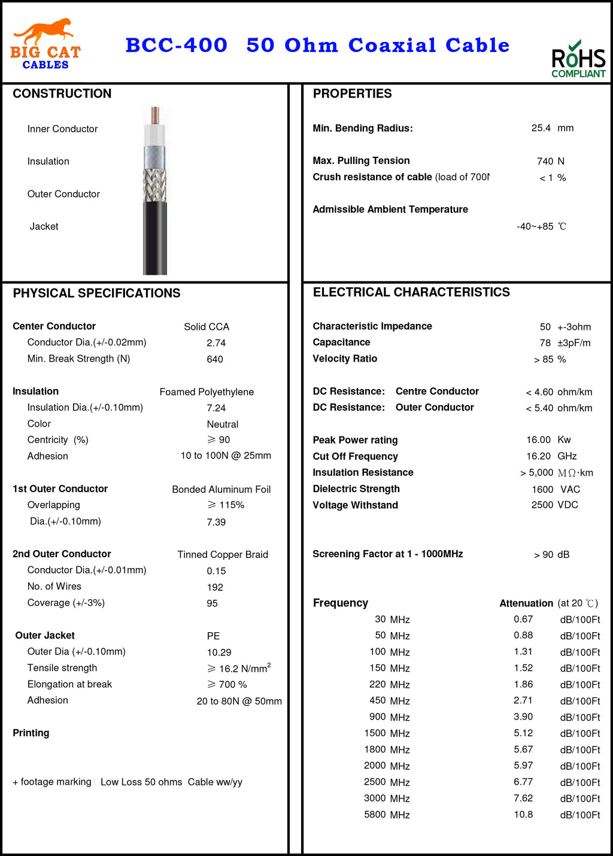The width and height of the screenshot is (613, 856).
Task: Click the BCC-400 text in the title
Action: [x=176, y=45]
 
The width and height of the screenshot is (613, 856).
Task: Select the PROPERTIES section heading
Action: [x=352, y=93]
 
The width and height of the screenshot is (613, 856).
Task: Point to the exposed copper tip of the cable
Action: [x=155, y=115]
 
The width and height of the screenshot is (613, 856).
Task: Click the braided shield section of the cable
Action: [x=155, y=185]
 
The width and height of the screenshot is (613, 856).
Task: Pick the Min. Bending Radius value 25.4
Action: [x=541, y=128]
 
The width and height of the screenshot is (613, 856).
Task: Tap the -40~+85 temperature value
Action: [x=535, y=226]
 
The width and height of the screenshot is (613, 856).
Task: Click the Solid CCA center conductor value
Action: [x=207, y=327]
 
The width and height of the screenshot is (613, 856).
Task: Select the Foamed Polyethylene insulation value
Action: [x=207, y=392]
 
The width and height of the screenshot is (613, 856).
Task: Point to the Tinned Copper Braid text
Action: [x=223, y=555]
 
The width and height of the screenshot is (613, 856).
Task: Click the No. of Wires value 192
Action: [x=215, y=587]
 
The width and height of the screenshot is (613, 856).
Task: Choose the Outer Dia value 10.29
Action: [x=219, y=652]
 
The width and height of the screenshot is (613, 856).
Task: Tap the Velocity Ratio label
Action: [x=345, y=359]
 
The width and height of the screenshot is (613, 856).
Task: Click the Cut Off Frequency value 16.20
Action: [x=538, y=456]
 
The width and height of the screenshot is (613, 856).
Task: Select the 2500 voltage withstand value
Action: [x=542, y=505]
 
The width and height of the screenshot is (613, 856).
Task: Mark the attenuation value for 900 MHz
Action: [x=523, y=717]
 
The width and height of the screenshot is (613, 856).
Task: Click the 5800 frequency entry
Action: [x=375, y=815]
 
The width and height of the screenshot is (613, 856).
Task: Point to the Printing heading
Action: [x=31, y=733]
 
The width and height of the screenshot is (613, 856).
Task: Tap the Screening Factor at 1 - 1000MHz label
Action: [x=387, y=554]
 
